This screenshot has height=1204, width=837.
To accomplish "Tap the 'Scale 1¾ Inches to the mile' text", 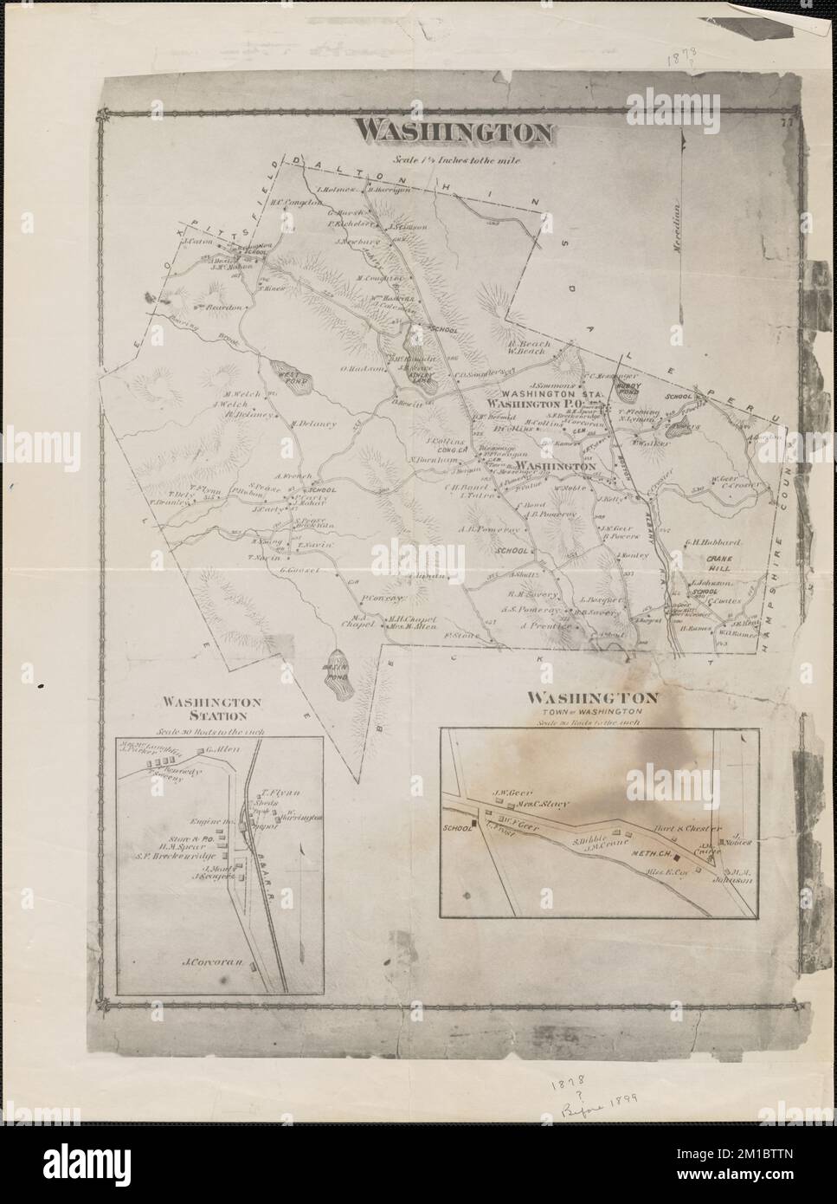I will coord(454,159).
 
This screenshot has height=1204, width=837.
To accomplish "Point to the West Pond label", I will coord(286,375).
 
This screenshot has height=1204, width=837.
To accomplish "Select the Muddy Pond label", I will coord(625,391).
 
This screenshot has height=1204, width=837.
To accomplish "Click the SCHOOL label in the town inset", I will coord(454,829).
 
